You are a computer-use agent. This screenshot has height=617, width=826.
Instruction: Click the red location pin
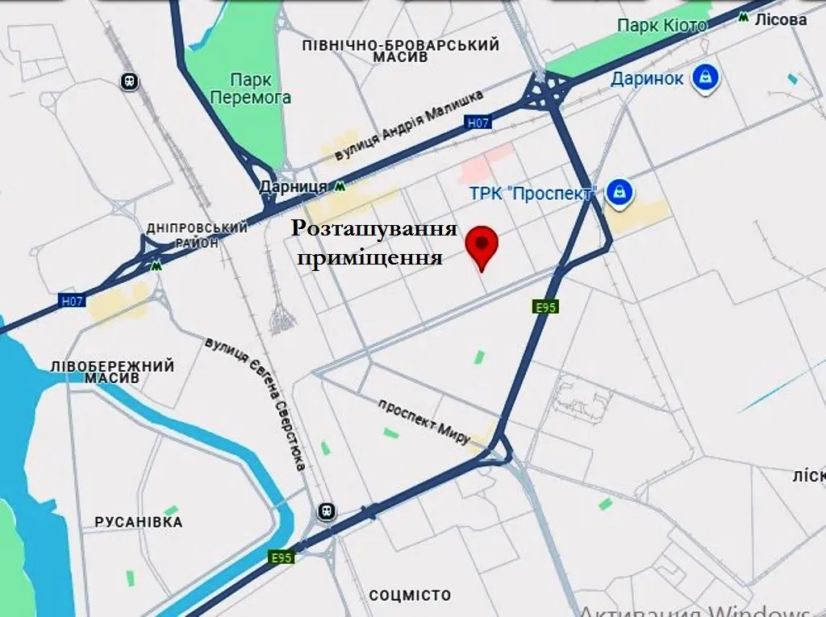click(x=483, y=243)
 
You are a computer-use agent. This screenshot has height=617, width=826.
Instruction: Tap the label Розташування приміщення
click(x=374, y=243)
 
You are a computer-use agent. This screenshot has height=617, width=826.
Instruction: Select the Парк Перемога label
click(x=250, y=89)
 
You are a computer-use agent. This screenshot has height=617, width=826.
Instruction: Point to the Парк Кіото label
click(x=661, y=26)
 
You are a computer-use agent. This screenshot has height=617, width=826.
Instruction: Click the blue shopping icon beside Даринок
click(x=707, y=77)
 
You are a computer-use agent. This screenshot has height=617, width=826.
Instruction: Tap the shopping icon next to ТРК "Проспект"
click(x=619, y=192)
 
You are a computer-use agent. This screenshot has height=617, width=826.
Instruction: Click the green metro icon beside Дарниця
click(x=341, y=186)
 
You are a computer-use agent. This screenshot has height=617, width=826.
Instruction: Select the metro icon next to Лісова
click(x=742, y=18)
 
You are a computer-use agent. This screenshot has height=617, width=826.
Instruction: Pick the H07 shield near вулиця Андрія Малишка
click(x=478, y=123)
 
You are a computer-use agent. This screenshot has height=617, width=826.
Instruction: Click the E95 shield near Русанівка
click(x=281, y=557)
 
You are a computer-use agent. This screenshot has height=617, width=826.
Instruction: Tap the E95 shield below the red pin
click(x=546, y=307)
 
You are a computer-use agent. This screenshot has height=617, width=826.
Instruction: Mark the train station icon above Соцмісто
click(x=327, y=511)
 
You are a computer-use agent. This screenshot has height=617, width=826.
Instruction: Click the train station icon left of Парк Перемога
click(x=129, y=81)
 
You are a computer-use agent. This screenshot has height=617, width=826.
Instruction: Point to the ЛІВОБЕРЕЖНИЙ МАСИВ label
click(x=111, y=372)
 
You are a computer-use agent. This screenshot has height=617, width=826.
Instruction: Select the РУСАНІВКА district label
click(x=139, y=522)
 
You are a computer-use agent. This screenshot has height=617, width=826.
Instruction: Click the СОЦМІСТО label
click(x=410, y=596)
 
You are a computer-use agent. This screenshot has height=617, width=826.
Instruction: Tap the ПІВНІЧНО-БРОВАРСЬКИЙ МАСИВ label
click(x=401, y=52)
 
